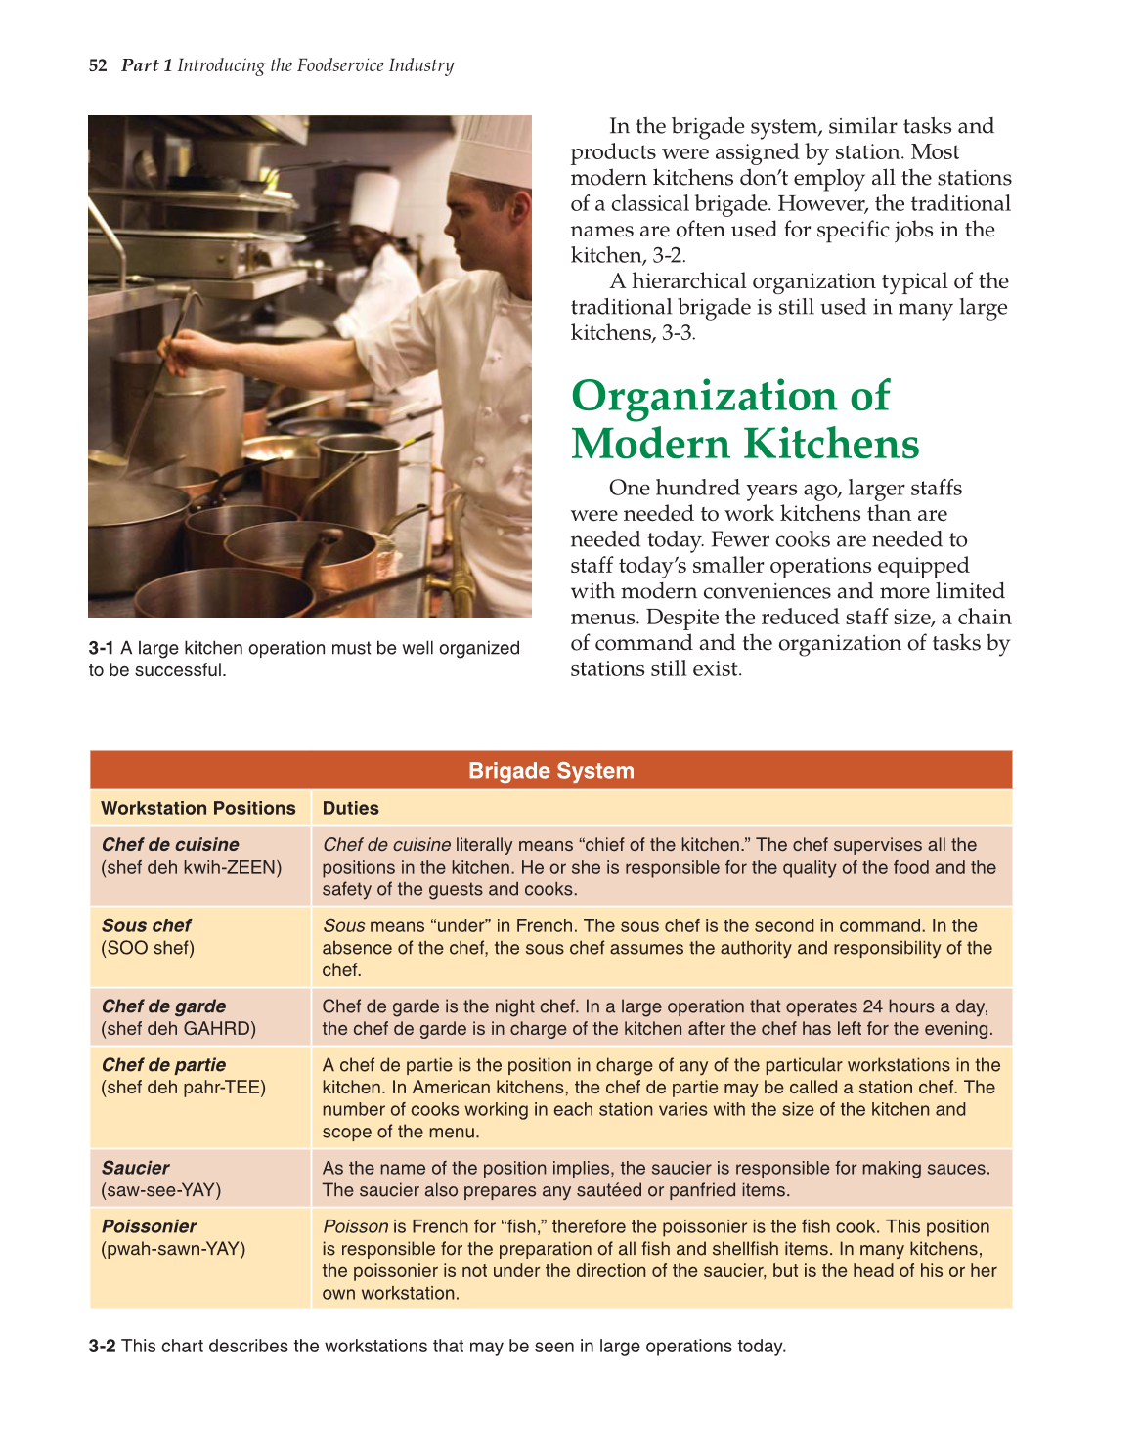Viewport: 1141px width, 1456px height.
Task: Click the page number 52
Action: tap(97, 65)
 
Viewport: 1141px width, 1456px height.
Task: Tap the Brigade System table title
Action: tap(550, 770)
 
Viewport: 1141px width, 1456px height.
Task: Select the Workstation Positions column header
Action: tap(197, 808)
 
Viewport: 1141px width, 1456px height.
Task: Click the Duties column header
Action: tap(350, 808)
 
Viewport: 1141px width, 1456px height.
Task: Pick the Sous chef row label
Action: tap(146, 924)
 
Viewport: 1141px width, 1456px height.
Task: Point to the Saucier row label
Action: tap(135, 1167)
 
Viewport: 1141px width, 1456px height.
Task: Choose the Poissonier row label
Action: tap(149, 1225)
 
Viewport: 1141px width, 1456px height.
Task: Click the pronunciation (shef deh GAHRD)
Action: tap(178, 1028)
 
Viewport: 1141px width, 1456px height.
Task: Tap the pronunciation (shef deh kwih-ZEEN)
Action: tap(191, 867)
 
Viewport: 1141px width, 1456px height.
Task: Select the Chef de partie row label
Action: tap(163, 1064)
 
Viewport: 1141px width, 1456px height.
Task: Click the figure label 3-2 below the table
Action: tap(102, 1346)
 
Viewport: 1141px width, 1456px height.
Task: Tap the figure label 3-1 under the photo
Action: tap(101, 648)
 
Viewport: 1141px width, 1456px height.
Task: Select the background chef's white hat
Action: tap(374, 199)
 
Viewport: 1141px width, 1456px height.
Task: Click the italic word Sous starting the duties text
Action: tap(343, 924)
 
